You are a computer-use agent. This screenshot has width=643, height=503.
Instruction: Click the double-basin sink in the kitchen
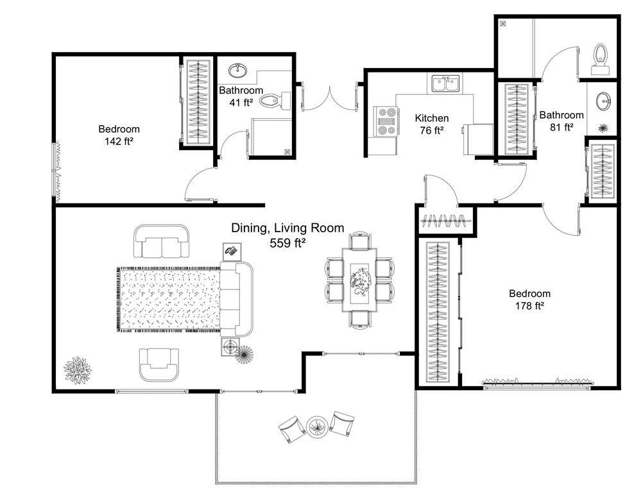(x=445, y=83)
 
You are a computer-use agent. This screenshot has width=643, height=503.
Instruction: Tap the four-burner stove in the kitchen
(x=386, y=121)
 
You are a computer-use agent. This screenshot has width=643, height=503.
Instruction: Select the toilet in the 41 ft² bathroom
(x=279, y=100)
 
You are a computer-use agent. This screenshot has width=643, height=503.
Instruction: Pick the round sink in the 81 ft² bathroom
(x=603, y=100)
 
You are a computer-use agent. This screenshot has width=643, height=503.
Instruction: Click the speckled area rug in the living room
(x=170, y=300)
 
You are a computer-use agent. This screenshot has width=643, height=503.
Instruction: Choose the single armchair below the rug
(x=159, y=363)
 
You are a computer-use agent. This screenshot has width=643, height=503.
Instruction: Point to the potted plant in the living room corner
(x=78, y=370)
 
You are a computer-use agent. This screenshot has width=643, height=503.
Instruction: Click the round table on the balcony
(x=317, y=425)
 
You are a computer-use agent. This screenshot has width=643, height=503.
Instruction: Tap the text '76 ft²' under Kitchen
(x=431, y=131)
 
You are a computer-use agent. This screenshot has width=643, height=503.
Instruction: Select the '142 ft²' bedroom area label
(x=119, y=141)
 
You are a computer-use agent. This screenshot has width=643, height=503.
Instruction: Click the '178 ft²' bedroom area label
(x=529, y=306)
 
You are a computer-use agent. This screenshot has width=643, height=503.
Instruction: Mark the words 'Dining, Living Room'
(x=287, y=228)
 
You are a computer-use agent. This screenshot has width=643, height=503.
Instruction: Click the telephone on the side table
(x=231, y=251)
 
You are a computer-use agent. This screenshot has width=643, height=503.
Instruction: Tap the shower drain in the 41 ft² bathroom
(x=287, y=152)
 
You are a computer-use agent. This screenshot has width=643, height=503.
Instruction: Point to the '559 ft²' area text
(x=287, y=243)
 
